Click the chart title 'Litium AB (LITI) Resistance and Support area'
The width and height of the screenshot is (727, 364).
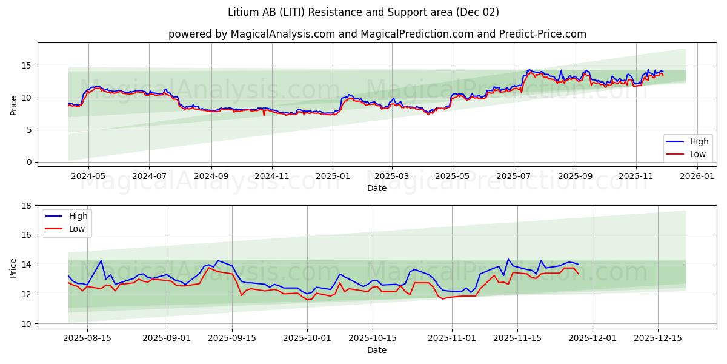(363, 12)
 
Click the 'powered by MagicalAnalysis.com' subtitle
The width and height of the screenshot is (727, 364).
(251, 34)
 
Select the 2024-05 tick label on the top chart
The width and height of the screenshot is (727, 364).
(88, 176)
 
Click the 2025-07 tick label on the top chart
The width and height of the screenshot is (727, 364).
(514, 176)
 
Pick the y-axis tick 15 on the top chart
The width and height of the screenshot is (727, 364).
(27, 66)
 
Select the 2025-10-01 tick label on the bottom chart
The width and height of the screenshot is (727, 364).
(308, 338)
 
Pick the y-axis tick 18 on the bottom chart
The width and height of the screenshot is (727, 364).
(27, 206)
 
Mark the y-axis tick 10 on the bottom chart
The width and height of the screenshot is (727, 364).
(27, 323)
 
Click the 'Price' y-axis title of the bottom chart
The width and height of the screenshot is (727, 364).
(13, 265)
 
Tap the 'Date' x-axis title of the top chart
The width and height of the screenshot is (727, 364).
(377, 188)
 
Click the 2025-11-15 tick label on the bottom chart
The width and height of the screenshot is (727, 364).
(517, 338)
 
